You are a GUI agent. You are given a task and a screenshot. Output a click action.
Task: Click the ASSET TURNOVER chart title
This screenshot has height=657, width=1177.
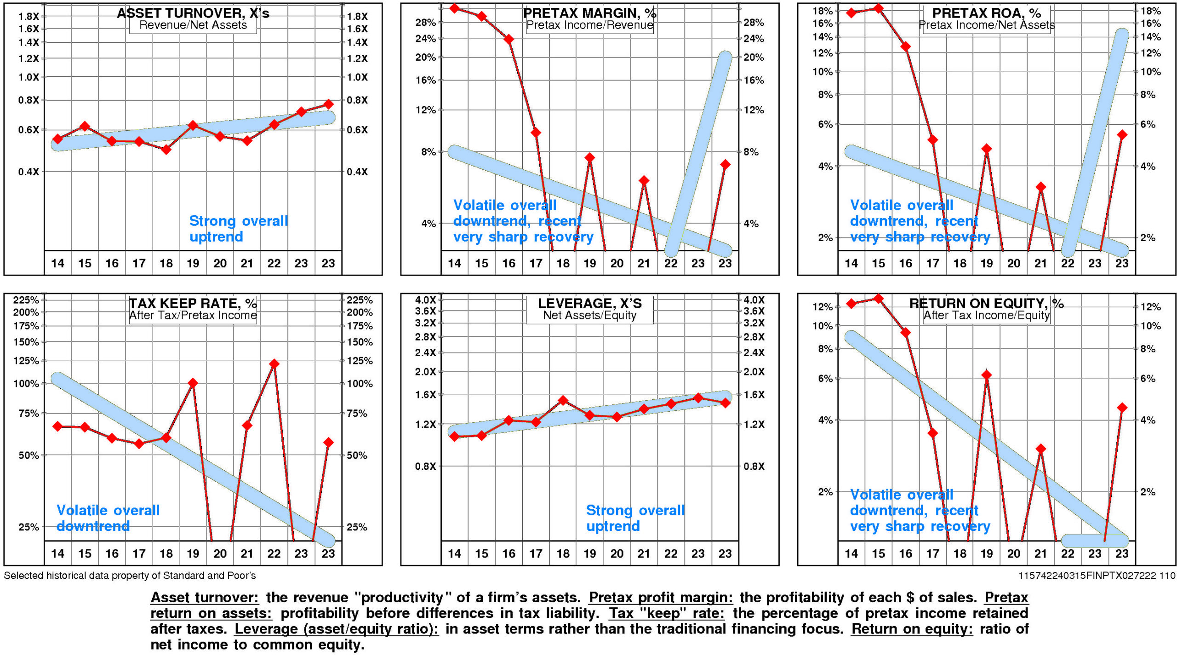193,13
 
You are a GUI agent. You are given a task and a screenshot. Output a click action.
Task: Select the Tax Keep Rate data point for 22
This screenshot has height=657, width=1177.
274,364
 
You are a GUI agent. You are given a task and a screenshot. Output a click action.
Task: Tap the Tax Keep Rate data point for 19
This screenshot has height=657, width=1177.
193,383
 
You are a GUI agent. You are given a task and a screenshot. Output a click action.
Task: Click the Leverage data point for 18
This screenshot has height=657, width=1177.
563,400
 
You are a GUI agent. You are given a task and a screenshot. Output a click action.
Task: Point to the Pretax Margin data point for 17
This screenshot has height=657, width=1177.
536,133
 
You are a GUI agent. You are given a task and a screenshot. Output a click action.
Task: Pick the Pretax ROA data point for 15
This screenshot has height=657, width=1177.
878,8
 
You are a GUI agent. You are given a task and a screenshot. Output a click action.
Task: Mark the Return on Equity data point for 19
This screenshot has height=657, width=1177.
987,375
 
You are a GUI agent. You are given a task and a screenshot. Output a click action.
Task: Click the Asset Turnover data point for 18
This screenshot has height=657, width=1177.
166,150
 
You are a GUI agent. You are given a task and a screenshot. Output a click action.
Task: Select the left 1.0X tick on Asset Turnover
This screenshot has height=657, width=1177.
29,77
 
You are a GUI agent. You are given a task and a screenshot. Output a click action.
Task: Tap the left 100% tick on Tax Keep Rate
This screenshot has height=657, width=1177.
26,384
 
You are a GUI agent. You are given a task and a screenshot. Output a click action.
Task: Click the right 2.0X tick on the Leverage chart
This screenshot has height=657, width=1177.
754,372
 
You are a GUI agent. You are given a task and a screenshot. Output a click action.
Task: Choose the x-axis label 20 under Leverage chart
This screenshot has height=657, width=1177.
617,553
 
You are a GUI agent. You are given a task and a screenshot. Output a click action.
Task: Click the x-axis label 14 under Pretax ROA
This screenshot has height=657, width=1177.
851,264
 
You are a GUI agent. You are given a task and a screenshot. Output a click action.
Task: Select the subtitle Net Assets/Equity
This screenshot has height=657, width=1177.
589,316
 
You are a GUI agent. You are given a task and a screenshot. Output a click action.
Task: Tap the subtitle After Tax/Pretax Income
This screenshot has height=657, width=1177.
193,316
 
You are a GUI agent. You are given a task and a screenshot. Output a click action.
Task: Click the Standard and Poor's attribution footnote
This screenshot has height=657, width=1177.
130,576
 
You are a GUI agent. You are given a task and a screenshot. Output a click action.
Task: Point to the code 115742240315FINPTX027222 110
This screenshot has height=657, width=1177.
1097,576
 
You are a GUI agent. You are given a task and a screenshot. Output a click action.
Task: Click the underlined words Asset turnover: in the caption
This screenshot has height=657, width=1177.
205,598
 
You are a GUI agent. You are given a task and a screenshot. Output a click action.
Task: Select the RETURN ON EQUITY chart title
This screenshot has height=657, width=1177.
986,303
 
